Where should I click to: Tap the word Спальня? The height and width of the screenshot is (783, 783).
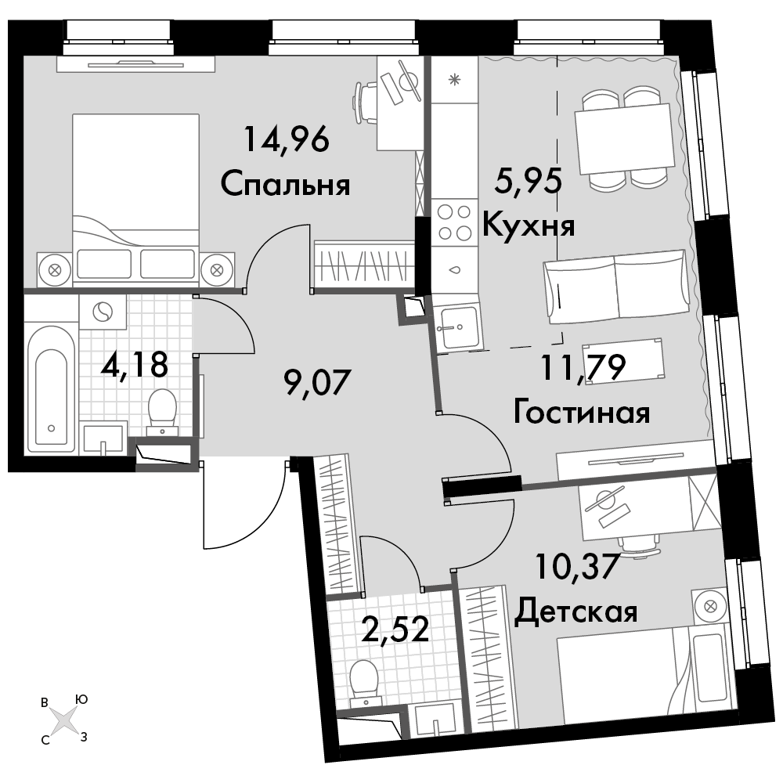[x=285, y=184]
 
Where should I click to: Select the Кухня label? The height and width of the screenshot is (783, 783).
[x=529, y=226]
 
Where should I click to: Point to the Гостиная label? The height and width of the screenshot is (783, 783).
[x=582, y=413]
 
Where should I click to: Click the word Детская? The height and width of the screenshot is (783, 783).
[x=576, y=610]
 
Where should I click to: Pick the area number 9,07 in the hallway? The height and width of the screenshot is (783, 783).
[x=318, y=383]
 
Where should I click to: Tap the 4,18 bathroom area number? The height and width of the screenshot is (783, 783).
[x=135, y=364]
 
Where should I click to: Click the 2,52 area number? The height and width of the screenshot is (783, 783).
[x=395, y=629]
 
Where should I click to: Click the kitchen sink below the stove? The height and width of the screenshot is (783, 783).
[x=457, y=327]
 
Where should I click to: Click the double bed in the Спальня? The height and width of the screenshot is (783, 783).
[x=135, y=200]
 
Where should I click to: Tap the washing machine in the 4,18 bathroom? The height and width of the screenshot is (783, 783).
[x=103, y=312]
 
